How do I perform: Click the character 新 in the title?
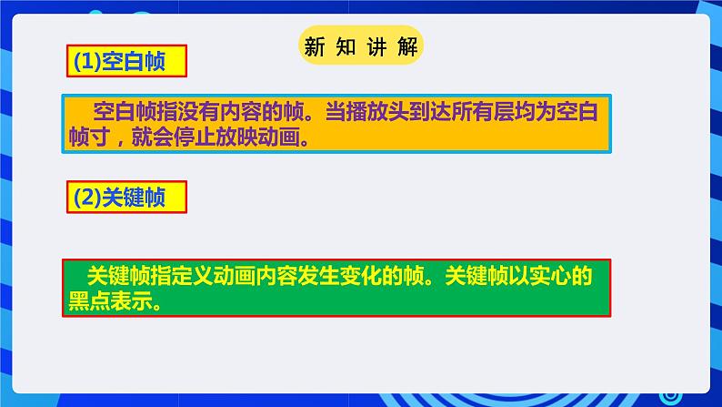(x=315, y=46)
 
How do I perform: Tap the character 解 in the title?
(x=408, y=46)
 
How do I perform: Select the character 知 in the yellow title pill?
(x=346, y=46)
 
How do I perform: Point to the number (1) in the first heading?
(x=87, y=61)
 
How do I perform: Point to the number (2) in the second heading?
(x=87, y=198)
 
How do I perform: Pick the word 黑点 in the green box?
(x=89, y=301)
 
